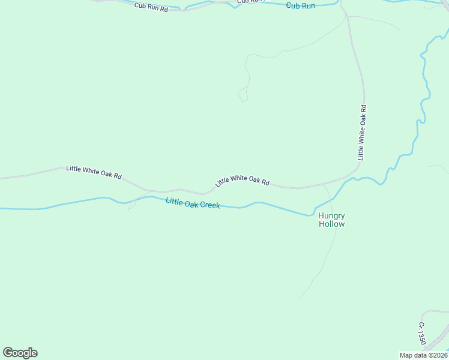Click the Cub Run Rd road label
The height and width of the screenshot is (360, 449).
tap(151, 8)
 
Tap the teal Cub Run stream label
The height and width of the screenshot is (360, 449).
tap(301, 5)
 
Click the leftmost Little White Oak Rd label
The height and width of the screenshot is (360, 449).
tap(94, 173)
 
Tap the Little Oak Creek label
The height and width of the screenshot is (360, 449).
tap(193, 203)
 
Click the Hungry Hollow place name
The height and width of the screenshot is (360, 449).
tap(331, 220)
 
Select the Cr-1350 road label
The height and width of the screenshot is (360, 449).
tap(422, 334)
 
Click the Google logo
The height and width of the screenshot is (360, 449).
tap(20, 353)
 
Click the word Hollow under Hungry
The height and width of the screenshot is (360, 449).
tap(331, 224)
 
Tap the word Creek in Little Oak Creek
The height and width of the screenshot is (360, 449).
tap(210, 205)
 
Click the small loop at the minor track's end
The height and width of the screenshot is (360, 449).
tap(243, 95)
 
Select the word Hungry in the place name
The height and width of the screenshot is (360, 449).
tap(331, 215)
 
